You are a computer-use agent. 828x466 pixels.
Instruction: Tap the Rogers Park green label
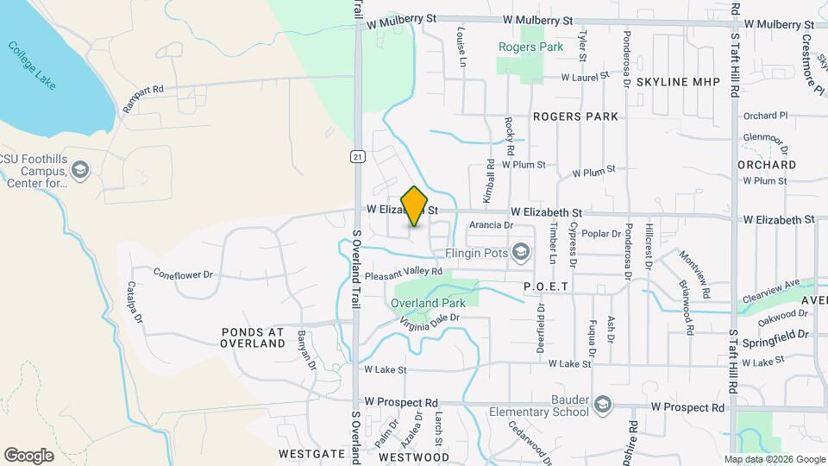(x=530, y=47)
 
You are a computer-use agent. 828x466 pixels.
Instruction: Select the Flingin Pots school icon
(x=520, y=252)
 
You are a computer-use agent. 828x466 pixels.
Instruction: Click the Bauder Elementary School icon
(x=603, y=404)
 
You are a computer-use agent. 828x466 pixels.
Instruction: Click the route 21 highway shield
(x=356, y=156)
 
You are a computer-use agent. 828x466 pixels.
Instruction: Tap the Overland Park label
(x=428, y=303)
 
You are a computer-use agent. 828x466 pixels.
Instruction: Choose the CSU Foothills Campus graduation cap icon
(x=80, y=169)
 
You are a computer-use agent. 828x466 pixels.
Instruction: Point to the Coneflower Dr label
(x=183, y=275)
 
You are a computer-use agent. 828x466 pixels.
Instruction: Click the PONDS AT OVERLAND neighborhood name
(x=253, y=337)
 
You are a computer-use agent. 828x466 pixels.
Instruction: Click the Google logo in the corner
(x=28, y=455)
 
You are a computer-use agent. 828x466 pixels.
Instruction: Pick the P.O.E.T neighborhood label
(x=549, y=286)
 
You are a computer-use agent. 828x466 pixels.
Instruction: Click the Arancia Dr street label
(x=491, y=225)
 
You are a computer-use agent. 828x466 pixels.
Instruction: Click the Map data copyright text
(x=775, y=459)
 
